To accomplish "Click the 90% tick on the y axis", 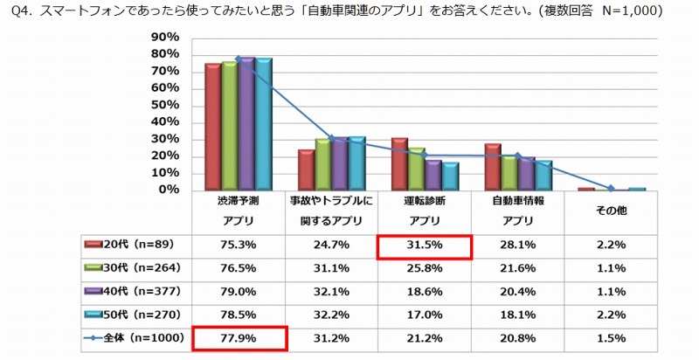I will coord(164,38).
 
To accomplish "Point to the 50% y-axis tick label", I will coord(164,105).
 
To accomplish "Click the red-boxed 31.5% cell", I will coord(425,246).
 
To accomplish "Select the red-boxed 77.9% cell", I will coord(239,336).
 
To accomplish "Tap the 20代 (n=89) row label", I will coord(135,246).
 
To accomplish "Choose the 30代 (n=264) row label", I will coord(135,268).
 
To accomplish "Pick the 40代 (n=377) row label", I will coord(135,291).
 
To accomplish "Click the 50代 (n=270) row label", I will coord(135,314).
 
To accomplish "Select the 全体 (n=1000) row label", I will coord(135,336).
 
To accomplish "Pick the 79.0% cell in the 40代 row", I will coord(239,291).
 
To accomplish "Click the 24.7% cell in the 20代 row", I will coord(331,246).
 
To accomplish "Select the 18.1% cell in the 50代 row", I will coord(518,314).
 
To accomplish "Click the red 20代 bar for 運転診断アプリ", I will coord(399,164).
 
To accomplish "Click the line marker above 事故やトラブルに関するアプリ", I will coord(331,138).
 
